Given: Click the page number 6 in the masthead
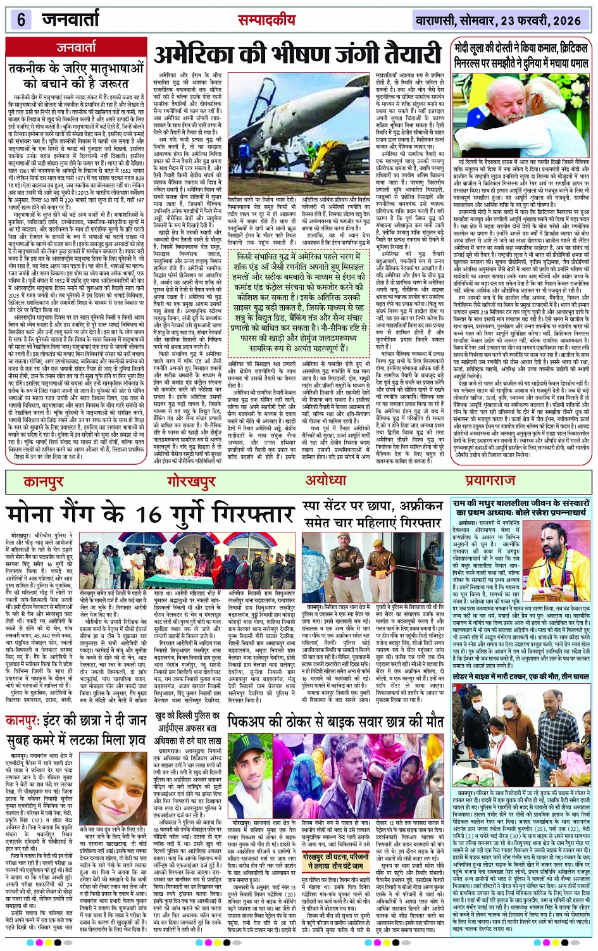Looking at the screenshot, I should tap(21, 20).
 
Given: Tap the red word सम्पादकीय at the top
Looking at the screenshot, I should tap(266, 20).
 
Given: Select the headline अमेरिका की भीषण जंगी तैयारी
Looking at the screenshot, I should tap(297, 55).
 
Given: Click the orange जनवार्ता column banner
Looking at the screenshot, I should tap(76, 47).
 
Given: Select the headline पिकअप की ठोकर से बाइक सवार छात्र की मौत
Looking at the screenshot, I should tap(335, 721).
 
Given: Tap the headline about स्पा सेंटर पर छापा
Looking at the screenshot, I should tap(363, 514).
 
